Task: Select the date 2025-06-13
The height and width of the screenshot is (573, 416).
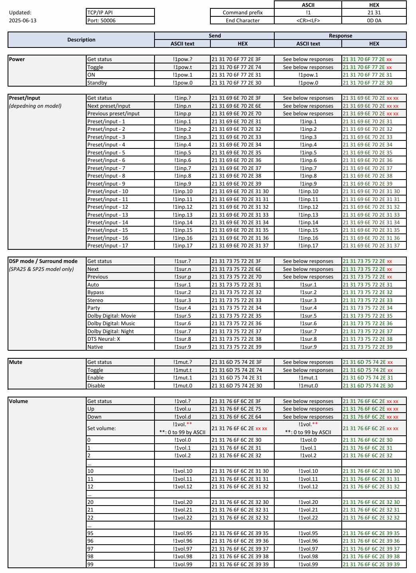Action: [23, 20]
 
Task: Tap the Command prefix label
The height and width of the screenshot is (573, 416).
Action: [242, 13]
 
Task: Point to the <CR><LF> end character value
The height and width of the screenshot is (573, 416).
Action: [308, 20]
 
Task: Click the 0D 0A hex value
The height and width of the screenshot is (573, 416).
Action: [374, 20]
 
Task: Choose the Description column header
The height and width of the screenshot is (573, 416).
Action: [81, 40]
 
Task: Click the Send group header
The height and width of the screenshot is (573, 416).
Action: [214, 36]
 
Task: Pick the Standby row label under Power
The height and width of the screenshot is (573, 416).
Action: [97, 83]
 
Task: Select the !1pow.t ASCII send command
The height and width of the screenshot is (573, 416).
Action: [182, 67]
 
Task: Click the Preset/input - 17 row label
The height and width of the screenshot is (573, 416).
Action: [108, 246]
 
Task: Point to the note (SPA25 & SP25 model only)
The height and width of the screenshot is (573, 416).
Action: [42, 269]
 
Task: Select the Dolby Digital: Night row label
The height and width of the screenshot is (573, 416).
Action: [111, 331]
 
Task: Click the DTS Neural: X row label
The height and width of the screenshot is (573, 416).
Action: [104, 339]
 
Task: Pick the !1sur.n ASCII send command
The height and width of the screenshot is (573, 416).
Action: [182, 269]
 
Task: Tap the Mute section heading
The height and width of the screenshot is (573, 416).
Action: [16, 362]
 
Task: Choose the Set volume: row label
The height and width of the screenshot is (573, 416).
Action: [101, 428]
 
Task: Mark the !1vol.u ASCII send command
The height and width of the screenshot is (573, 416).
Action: [182, 409]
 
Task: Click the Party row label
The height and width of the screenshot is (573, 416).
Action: [94, 308]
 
